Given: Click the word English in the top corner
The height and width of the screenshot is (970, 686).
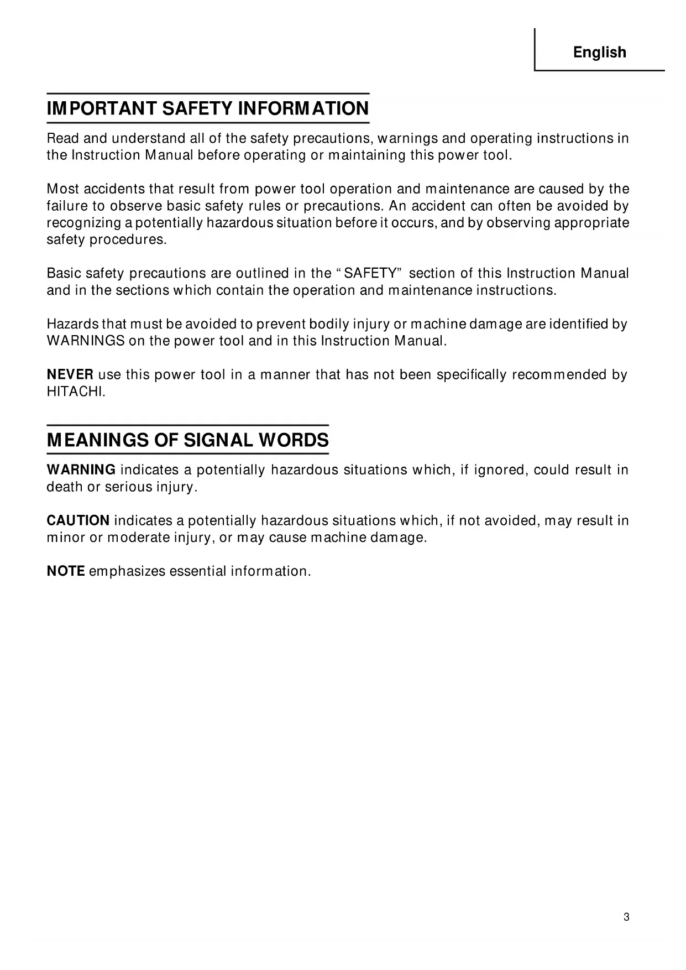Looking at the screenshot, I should pyautogui.click(x=599, y=53).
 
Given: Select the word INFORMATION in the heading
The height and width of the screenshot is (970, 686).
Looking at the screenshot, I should pyautogui.click(x=303, y=108).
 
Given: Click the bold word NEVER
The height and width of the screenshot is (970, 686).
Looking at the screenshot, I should pyautogui.click(x=70, y=375).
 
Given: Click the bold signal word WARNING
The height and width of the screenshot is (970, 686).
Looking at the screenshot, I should pyautogui.click(x=81, y=470).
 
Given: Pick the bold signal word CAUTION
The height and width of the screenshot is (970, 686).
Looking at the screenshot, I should pyautogui.click(x=78, y=521).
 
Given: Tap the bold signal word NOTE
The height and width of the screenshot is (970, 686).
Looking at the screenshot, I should pyautogui.click(x=66, y=571).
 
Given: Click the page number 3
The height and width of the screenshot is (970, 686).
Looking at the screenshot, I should pyautogui.click(x=626, y=917).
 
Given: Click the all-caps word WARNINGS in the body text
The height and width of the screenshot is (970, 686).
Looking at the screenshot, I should pyautogui.click(x=86, y=341).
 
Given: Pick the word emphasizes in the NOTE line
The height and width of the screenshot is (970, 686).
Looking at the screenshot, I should pyautogui.click(x=127, y=571).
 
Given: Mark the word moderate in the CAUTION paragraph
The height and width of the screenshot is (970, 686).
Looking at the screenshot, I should pyautogui.click(x=138, y=538).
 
